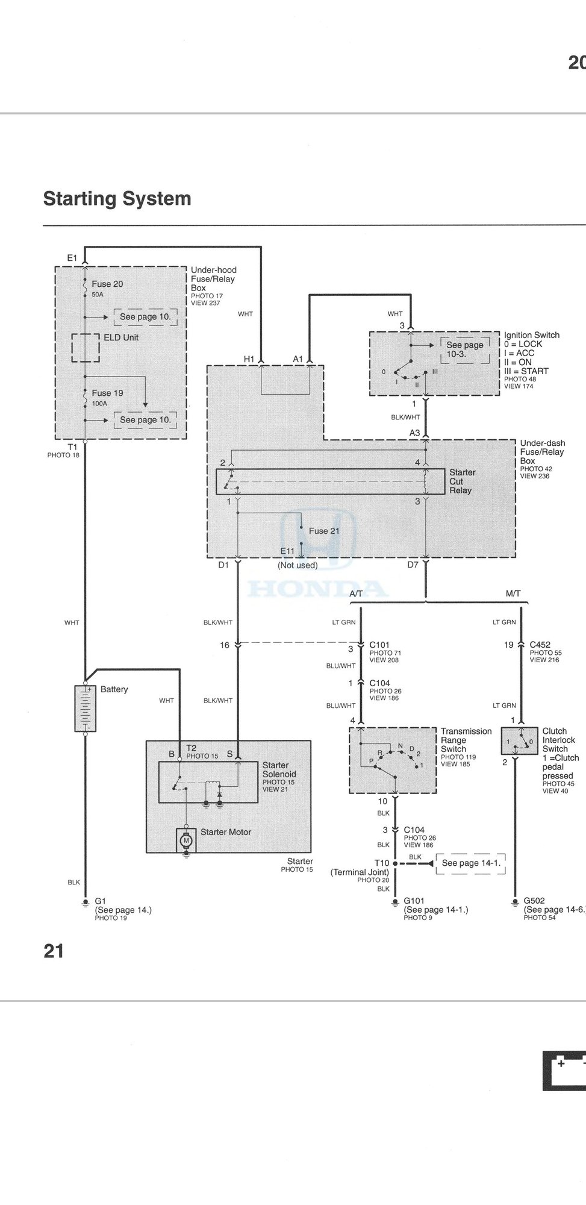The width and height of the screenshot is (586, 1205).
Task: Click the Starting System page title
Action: (117, 199)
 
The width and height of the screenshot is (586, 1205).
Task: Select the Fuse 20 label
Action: (107, 284)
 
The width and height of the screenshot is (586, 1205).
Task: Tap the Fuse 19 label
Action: (107, 393)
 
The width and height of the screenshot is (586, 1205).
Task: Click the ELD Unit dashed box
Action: (86, 348)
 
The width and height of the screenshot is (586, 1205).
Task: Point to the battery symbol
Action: (85, 709)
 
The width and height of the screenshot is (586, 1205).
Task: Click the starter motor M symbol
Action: (186, 840)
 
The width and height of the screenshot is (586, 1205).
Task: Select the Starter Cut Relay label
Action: (463, 481)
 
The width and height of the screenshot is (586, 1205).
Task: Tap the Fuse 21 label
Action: (324, 531)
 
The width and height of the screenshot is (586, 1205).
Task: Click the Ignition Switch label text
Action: (532, 335)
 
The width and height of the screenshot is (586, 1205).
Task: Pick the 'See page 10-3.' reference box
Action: (465, 350)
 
